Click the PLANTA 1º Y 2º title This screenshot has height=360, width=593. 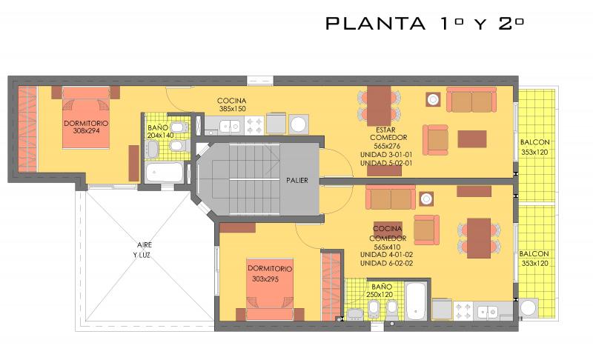point(425,24)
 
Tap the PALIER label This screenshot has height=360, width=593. point(297,181)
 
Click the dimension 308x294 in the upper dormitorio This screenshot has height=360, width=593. point(87,131)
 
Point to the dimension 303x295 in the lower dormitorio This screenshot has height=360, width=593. point(265,279)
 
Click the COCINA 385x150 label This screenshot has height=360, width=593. point(232,104)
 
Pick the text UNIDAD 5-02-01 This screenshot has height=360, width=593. point(386,163)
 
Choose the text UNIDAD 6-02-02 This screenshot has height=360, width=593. point(386,263)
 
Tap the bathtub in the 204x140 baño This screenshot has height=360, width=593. point(165,173)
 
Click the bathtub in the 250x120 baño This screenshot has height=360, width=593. point(416,300)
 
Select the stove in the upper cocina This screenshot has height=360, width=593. point(254,125)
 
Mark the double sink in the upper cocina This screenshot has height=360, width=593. point(231,126)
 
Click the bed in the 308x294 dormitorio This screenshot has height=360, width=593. point(86,118)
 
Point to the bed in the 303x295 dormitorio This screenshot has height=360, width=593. point(270,290)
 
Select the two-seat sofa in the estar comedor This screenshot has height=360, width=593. point(471,100)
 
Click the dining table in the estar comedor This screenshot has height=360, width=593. point(379,106)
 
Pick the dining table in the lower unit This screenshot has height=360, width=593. point(479,238)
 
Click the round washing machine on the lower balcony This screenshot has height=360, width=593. point(529,308)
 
